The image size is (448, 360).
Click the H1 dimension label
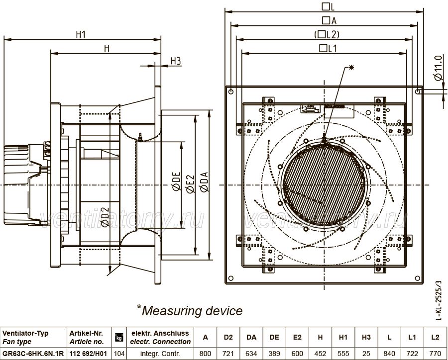(81, 34)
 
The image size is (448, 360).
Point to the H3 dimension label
(176, 61)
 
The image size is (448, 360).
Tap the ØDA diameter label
(205, 181)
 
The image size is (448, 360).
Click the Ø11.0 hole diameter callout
(438, 68)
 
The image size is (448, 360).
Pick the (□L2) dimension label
(327, 34)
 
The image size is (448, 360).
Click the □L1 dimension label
(328, 48)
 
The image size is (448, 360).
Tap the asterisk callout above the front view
(351, 68)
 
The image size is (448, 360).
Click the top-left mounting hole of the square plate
(231, 91)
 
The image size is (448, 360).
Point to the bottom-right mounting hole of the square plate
(418, 278)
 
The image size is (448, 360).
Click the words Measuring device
(192, 311)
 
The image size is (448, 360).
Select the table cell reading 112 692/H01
(88, 354)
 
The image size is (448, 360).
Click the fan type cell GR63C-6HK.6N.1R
(33, 354)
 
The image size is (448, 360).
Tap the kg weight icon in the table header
(119, 338)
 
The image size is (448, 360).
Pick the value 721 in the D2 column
(228, 354)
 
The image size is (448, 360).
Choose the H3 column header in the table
(366, 337)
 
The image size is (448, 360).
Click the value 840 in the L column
(389, 354)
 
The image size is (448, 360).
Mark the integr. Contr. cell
(160, 354)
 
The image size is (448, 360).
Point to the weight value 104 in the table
(119, 354)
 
